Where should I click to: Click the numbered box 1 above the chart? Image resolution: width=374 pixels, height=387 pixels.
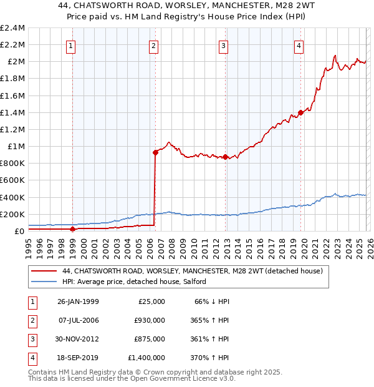click(x=71, y=45)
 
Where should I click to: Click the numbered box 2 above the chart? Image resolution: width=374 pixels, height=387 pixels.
click(x=153, y=45)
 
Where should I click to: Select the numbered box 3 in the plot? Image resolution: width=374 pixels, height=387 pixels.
click(x=223, y=45)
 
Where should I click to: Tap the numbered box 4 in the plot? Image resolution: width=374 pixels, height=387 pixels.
click(x=299, y=45)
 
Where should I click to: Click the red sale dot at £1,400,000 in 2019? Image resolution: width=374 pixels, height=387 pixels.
click(x=300, y=112)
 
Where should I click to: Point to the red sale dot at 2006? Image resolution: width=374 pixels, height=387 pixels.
click(x=155, y=152)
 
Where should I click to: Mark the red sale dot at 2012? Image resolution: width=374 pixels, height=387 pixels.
click(x=225, y=157)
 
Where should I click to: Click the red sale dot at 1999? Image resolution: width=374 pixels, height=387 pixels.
click(x=72, y=229)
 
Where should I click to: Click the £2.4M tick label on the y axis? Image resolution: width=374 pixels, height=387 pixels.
click(x=13, y=28)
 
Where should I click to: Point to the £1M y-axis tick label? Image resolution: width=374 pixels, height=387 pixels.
click(x=16, y=147)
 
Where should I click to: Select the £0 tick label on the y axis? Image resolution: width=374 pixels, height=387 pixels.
click(x=19, y=232)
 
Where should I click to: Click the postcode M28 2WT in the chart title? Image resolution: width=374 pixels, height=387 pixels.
click(x=268, y=6)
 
